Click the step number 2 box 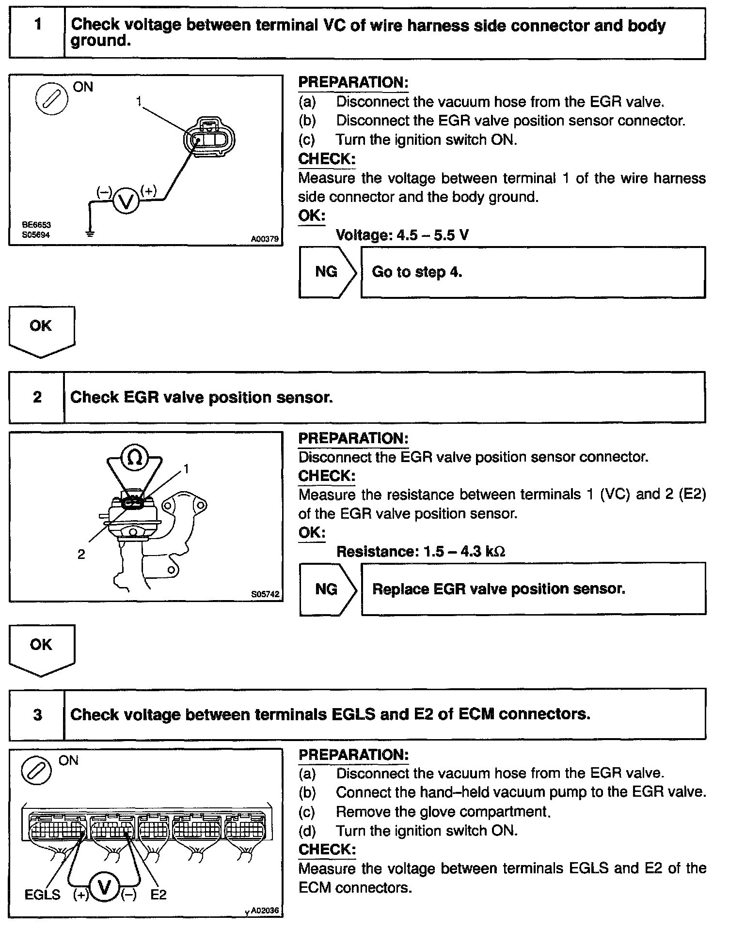tap(37, 397)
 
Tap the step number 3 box tap(37, 714)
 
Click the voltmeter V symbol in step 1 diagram tap(126, 201)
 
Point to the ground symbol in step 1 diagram tap(90, 233)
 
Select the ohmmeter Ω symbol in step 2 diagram tap(135, 458)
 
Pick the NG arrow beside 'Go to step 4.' tap(327, 272)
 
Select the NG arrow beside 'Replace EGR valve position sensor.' tap(327, 589)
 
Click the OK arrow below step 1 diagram tap(41, 329)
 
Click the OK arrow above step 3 tap(41, 648)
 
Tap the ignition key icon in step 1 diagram tap(51, 100)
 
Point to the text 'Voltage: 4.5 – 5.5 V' tap(402, 235)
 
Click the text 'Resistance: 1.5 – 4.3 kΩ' tap(421, 552)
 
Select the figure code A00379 tap(265, 239)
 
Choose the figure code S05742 tap(266, 594)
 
